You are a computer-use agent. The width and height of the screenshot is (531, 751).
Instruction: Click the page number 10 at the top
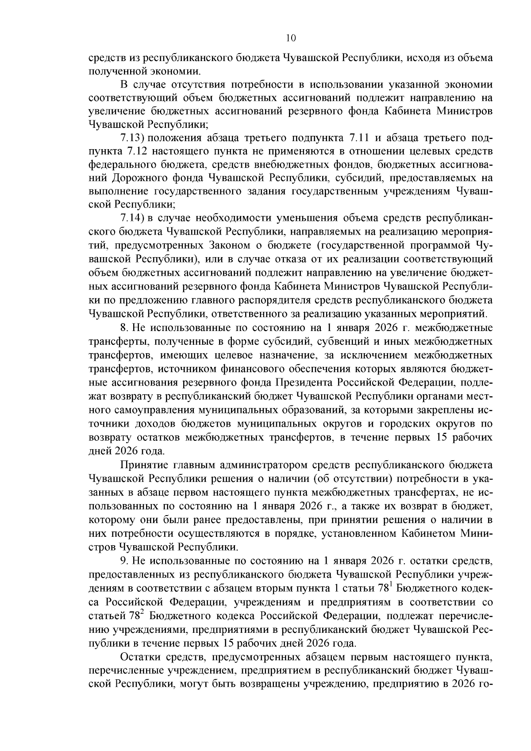click(291, 39)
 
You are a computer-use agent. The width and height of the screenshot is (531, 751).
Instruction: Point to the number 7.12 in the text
click(134, 151)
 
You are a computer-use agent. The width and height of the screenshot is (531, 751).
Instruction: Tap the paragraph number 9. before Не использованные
click(124, 561)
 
